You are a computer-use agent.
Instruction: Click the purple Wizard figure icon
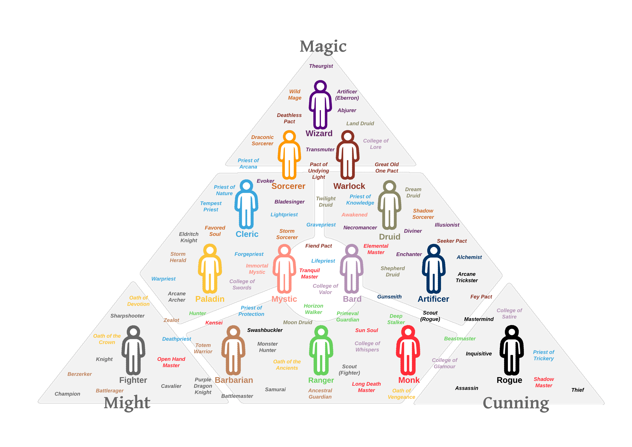point(320,105)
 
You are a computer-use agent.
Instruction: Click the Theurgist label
point(321,66)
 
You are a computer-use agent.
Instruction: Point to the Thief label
point(578,390)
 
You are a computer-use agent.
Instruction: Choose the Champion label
point(67,394)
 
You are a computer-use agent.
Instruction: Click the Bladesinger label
point(289,202)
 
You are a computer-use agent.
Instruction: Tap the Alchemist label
point(469,257)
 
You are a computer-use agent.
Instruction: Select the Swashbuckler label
point(265,330)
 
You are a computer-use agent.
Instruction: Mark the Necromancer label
point(360,228)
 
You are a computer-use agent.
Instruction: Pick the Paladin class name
point(210,299)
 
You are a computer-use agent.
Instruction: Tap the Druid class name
point(389,237)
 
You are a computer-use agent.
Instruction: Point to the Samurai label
point(275,390)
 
